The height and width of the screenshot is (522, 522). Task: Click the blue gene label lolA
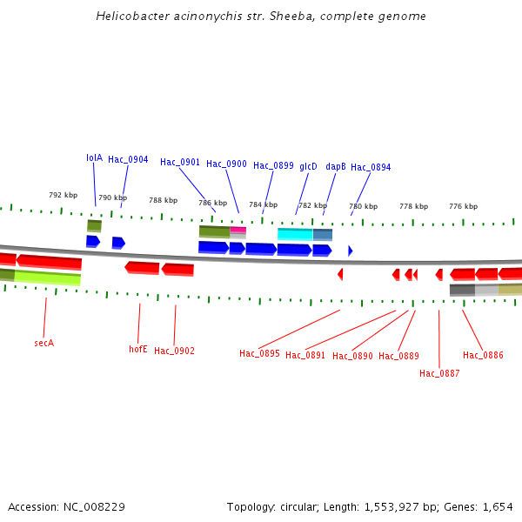click(94, 158)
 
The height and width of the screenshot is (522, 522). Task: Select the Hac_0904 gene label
click(128, 160)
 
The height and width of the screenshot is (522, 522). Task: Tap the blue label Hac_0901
click(180, 163)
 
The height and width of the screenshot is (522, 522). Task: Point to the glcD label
click(308, 166)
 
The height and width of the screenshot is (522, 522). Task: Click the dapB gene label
click(336, 166)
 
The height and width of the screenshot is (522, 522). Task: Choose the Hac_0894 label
click(371, 168)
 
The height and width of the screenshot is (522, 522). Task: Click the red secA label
click(44, 344)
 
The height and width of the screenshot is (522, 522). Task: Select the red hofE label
click(138, 350)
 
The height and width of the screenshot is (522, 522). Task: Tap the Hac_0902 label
click(174, 351)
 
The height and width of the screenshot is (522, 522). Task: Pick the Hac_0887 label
click(439, 374)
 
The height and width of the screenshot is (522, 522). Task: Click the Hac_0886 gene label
click(483, 356)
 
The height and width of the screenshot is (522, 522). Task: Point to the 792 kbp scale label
click(63, 196)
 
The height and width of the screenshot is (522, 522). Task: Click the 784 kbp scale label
click(263, 205)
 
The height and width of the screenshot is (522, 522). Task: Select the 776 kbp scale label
click(463, 207)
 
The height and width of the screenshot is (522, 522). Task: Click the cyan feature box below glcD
click(295, 234)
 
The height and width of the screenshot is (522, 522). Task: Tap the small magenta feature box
click(238, 230)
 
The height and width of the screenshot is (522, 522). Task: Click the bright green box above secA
click(48, 278)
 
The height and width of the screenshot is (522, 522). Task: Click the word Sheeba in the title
click(287, 17)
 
